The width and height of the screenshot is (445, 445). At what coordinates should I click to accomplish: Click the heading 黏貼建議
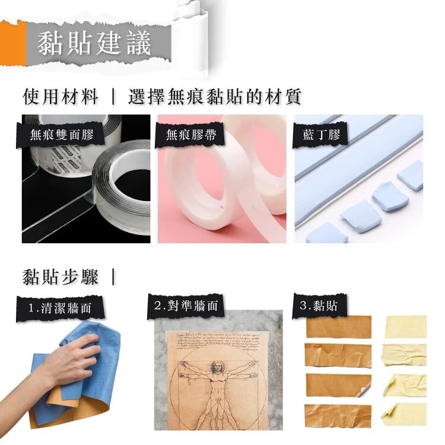coord(94,43)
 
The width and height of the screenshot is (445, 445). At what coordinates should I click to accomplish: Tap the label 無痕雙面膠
coord(62,135)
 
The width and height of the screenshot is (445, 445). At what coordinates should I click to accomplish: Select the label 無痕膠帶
coord(191,135)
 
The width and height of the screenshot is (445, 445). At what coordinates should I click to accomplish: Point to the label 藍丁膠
coord(322,135)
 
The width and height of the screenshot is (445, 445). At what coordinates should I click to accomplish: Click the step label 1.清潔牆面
coord(60,308)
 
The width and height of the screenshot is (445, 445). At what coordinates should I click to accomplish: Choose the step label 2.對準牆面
coord(186,306)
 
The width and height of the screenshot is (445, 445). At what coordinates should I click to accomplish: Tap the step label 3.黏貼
coord(319,306)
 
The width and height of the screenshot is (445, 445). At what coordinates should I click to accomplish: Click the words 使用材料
coord(60,97)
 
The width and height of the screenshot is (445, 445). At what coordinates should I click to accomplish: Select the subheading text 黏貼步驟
coord(60,277)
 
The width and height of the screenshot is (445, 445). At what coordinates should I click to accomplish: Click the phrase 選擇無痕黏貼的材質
coord(215,97)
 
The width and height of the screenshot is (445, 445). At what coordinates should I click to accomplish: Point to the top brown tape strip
coord(339,326)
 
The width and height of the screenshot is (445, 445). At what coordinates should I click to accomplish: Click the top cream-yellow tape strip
coord(406,326)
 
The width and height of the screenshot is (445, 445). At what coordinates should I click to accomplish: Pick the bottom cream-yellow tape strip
coord(405,415)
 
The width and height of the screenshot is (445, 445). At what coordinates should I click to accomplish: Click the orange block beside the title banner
coord(13,44)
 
